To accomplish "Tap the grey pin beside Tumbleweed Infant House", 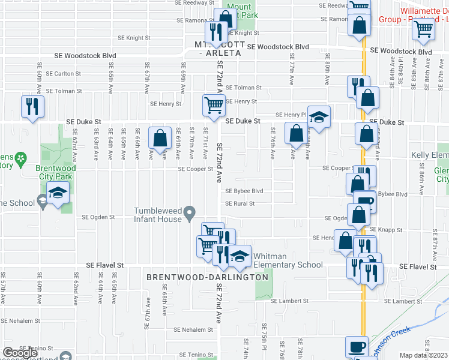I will click(190, 213).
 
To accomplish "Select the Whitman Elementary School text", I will click(288, 260).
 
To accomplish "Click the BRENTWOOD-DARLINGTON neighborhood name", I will click(208, 277).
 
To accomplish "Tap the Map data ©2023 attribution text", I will click(424, 355).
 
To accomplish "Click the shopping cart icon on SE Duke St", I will click(214, 105).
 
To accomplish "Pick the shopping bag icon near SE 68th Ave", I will click(160, 137).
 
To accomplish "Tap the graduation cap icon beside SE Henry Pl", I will click(319, 116).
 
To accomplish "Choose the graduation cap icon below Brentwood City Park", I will click(58, 193).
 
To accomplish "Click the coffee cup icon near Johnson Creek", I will click(357, 346).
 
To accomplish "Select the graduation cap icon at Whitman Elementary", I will click(240, 256).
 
